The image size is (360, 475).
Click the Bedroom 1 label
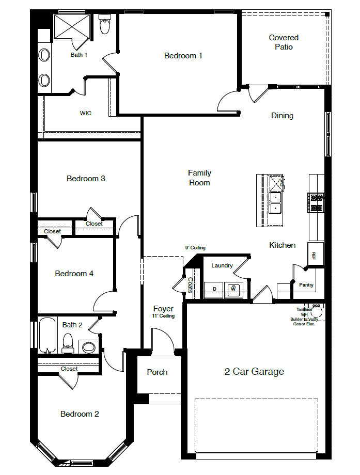pos(183,56)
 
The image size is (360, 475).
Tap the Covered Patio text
pos(284,42)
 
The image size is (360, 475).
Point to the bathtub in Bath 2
pos(46,335)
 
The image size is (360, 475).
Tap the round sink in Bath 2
pos(89,346)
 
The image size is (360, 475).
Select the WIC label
pos(86,113)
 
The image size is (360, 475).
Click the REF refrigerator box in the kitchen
pos(315,254)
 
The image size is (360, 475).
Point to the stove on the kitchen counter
pos(316,202)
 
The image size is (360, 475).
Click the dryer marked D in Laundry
pos(214,289)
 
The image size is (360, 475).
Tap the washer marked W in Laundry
pos(233,289)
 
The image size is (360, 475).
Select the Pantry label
pos(306,285)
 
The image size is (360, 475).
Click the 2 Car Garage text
pos(254,372)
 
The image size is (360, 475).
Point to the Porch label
pos(157,372)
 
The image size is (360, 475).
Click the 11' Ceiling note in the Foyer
pos(163,316)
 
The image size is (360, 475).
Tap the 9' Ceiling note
pos(196,248)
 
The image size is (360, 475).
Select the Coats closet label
pos(190,286)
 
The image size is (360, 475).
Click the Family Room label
pos(199,178)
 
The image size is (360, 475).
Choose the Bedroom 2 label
pos(80,414)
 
